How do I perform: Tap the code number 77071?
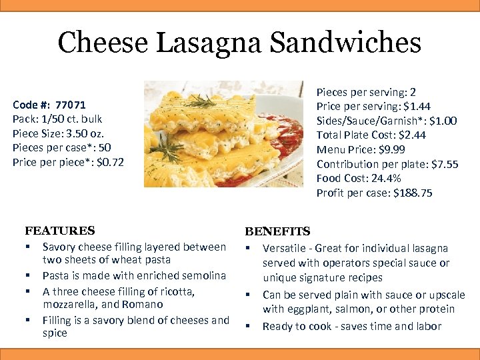[x=71, y=105]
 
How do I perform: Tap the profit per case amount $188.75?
[x=413, y=193]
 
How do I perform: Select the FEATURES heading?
[x=60, y=231]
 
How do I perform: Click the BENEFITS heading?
[x=277, y=231]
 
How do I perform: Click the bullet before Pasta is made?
[x=29, y=275]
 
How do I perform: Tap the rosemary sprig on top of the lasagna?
[x=200, y=101]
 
